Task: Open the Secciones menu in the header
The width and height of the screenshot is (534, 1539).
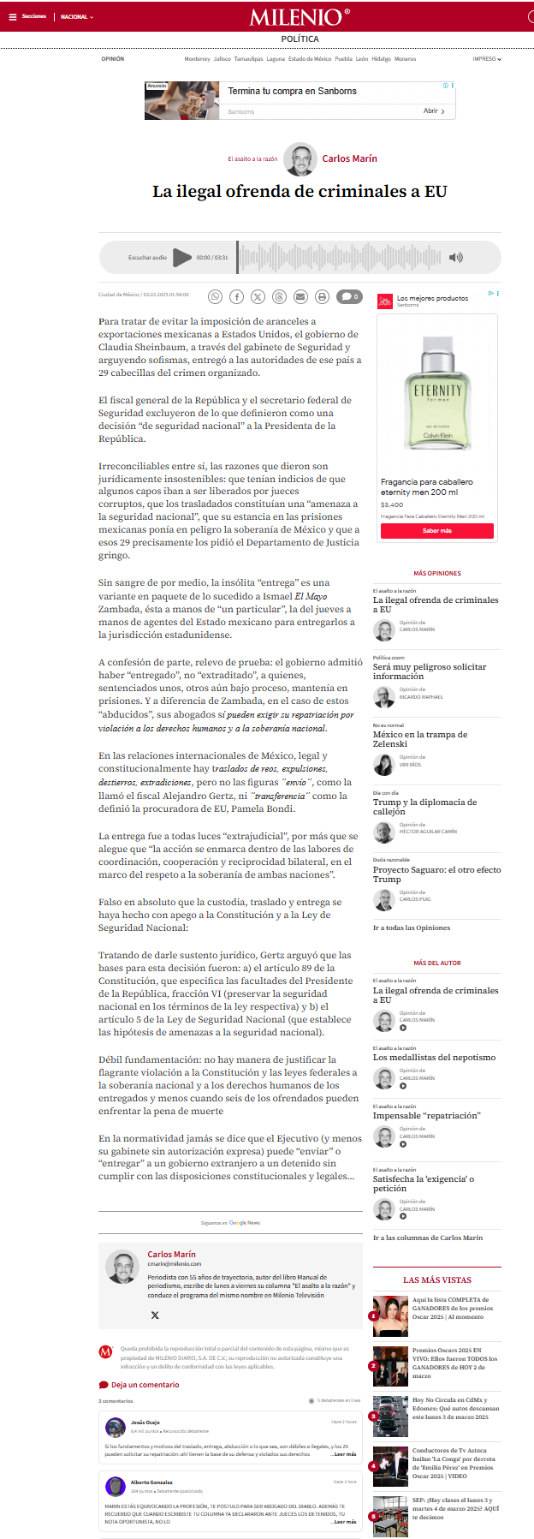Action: coord(29,16)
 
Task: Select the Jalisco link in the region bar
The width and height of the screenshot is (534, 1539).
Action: coord(222,59)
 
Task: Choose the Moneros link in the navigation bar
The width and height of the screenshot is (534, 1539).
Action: coord(405,59)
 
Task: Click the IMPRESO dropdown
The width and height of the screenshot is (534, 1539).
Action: coord(486,59)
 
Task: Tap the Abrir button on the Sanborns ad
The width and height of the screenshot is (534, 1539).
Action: coord(434,110)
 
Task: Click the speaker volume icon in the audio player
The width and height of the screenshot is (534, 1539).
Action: coord(456,257)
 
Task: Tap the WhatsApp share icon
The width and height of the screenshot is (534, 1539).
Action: coord(216,296)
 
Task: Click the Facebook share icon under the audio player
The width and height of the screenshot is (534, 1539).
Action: coord(237,296)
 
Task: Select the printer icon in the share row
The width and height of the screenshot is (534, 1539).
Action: coord(322,296)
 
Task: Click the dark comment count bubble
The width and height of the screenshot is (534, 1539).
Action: coord(348,296)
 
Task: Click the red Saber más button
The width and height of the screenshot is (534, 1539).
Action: coord(436,531)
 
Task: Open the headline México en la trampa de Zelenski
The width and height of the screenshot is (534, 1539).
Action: coord(419,738)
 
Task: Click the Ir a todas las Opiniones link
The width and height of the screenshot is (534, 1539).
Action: coord(411,928)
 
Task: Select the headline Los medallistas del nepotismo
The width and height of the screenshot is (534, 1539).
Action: coord(434,1057)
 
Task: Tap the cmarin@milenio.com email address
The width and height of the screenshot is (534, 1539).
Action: coord(174,1263)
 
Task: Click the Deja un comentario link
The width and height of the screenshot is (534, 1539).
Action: coord(145,1385)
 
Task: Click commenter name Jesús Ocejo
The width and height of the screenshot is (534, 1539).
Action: coord(145,1422)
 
